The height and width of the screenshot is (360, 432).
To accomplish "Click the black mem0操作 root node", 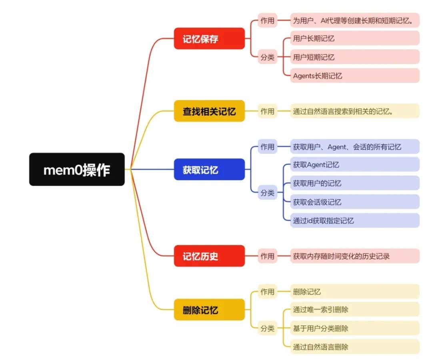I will pyautogui.click(x=77, y=169).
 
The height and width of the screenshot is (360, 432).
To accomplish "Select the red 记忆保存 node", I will pyautogui.click(x=209, y=38).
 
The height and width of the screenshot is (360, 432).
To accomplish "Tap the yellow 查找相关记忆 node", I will pyautogui.click(x=209, y=111).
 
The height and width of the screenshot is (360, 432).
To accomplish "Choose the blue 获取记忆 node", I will pyautogui.click(x=209, y=169).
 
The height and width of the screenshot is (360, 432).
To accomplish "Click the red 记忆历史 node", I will pyautogui.click(x=209, y=256).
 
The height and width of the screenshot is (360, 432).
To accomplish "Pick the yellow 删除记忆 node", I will pyautogui.click(x=209, y=310).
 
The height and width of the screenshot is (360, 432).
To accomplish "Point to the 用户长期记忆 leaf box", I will pyautogui.click(x=354, y=38).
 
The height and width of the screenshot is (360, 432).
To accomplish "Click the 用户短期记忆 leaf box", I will pyautogui.click(x=354, y=57).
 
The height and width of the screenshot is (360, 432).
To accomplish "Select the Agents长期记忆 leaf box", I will pyautogui.click(x=354, y=75).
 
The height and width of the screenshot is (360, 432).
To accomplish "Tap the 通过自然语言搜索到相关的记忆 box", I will pyautogui.click(x=354, y=111).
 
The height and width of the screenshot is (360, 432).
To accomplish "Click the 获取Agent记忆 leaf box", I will pyautogui.click(x=354, y=164).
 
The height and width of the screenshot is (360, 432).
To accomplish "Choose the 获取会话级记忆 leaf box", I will pyautogui.click(x=354, y=202).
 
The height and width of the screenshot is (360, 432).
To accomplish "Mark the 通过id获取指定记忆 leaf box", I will pyautogui.click(x=354, y=220).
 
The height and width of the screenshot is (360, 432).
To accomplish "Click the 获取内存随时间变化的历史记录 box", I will pyautogui.click(x=354, y=256).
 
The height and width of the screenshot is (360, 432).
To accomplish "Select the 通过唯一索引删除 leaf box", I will pyautogui.click(x=354, y=309).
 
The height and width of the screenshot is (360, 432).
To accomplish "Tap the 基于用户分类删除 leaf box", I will pyautogui.click(x=354, y=328).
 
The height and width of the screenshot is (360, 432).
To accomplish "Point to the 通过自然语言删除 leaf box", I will pyautogui.click(x=354, y=346).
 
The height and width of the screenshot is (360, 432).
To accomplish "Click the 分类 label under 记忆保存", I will pyautogui.click(x=268, y=57).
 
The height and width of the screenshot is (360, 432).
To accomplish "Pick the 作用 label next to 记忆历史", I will pyautogui.click(x=268, y=256).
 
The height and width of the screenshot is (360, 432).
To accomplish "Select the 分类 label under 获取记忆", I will pyautogui.click(x=268, y=193).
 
